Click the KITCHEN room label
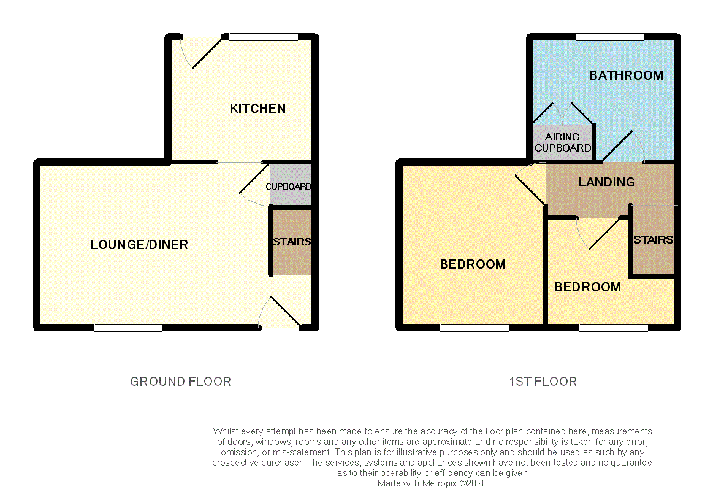(257, 109)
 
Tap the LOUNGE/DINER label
(139, 245)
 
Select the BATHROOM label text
(626, 75)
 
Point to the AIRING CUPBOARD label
(563, 142)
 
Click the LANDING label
(606, 182)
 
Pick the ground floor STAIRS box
(292, 242)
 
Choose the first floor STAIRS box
(653, 239)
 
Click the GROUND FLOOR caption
(180, 382)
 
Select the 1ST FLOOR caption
(543, 382)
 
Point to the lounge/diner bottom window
(128, 328)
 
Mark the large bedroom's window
(474, 328)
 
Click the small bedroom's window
(613, 328)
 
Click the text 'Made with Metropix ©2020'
(432, 483)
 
